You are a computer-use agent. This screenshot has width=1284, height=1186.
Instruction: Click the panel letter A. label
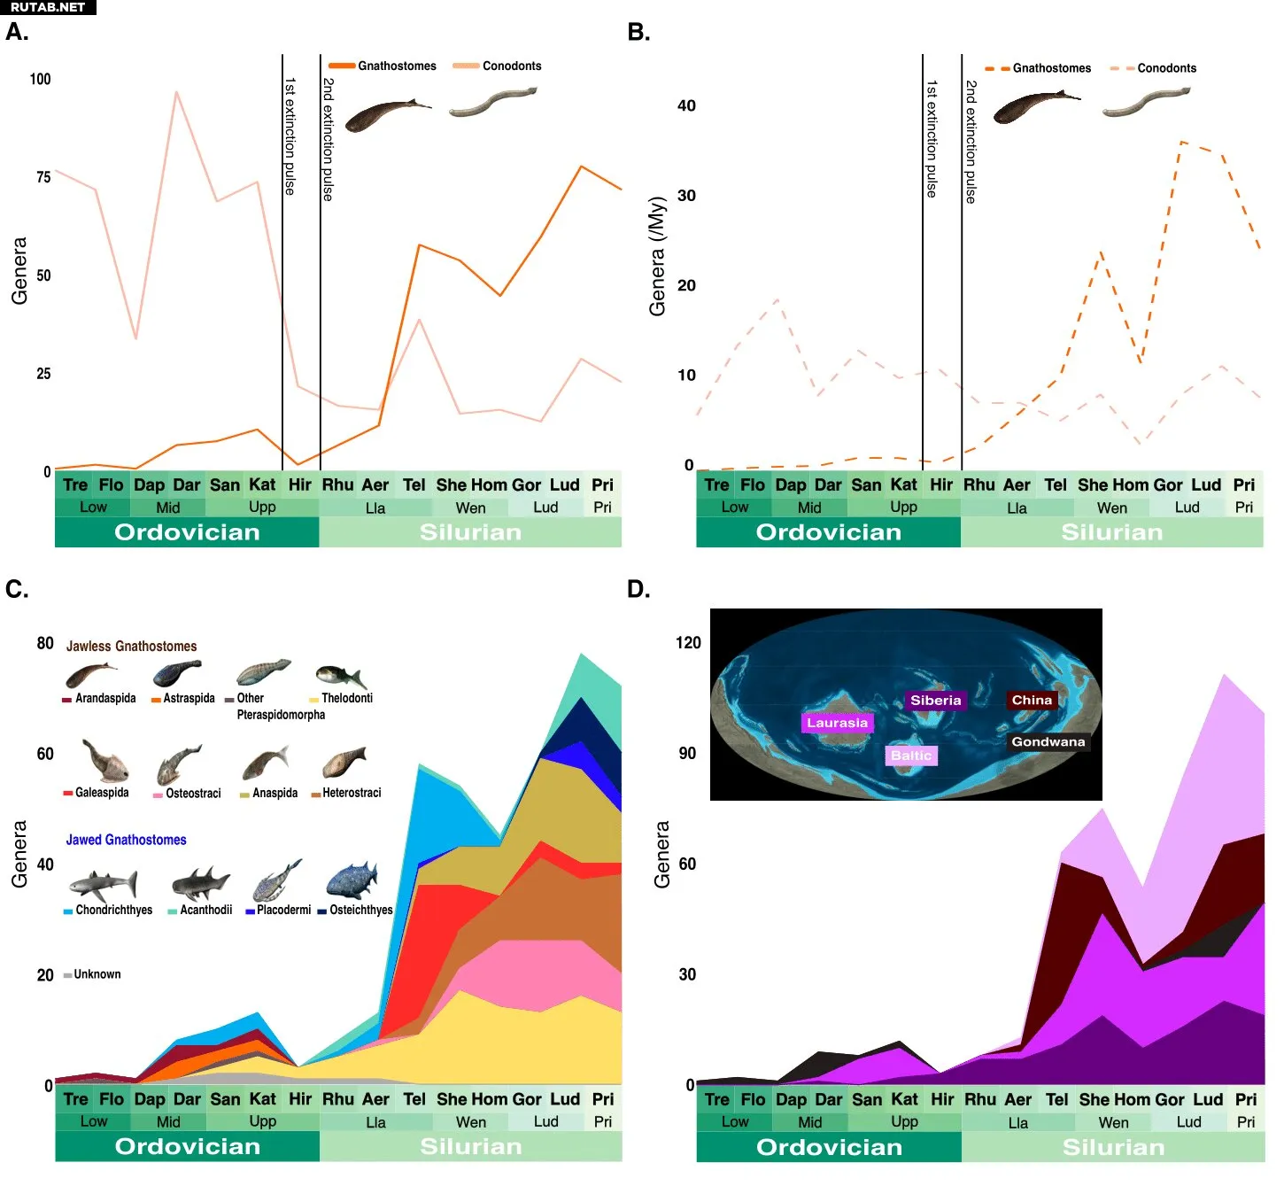pyautogui.click(x=17, y=33)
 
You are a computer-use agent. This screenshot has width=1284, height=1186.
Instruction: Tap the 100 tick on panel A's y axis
pyautogui.click(x=41, y=79)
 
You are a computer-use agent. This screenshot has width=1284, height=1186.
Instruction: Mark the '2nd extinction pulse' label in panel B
pyautogui.click(x=971, y=142)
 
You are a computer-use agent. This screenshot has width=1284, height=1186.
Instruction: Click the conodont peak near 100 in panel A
pyautogui.click(x=176, y=92)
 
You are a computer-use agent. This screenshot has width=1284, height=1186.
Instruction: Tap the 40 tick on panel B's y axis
pyautogui.click(x=686, y=105)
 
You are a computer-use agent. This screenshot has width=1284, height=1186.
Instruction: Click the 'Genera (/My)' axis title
pyautogui.click(x=656, y=257)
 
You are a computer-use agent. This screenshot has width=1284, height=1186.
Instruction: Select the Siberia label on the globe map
pyautogui.click(x=935, y=701)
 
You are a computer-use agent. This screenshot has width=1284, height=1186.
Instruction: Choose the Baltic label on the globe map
pyautogui.click(x=911, y=756)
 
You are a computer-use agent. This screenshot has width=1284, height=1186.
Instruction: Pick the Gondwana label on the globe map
pyautogui.click(x=1048, y=742)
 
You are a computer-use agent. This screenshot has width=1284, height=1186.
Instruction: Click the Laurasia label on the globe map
pyautogui.click(x=837, y=723)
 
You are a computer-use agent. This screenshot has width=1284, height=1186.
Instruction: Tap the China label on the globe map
pyautogui.click(x=1032, y=700)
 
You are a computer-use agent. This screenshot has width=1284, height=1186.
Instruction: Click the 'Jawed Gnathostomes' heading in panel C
pyautogui.click(x=127, y=840)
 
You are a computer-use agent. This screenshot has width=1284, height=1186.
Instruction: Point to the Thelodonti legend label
pyautogui.click(x=346, y=698)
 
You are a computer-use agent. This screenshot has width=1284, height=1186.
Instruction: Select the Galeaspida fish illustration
pyautogui.click(x=104, y=760)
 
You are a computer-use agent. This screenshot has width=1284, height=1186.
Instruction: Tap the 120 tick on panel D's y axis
pyautogui.click(x=688, y=642)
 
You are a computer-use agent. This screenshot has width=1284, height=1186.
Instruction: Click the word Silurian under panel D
pyautogui.click(x=1113, y=1148)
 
